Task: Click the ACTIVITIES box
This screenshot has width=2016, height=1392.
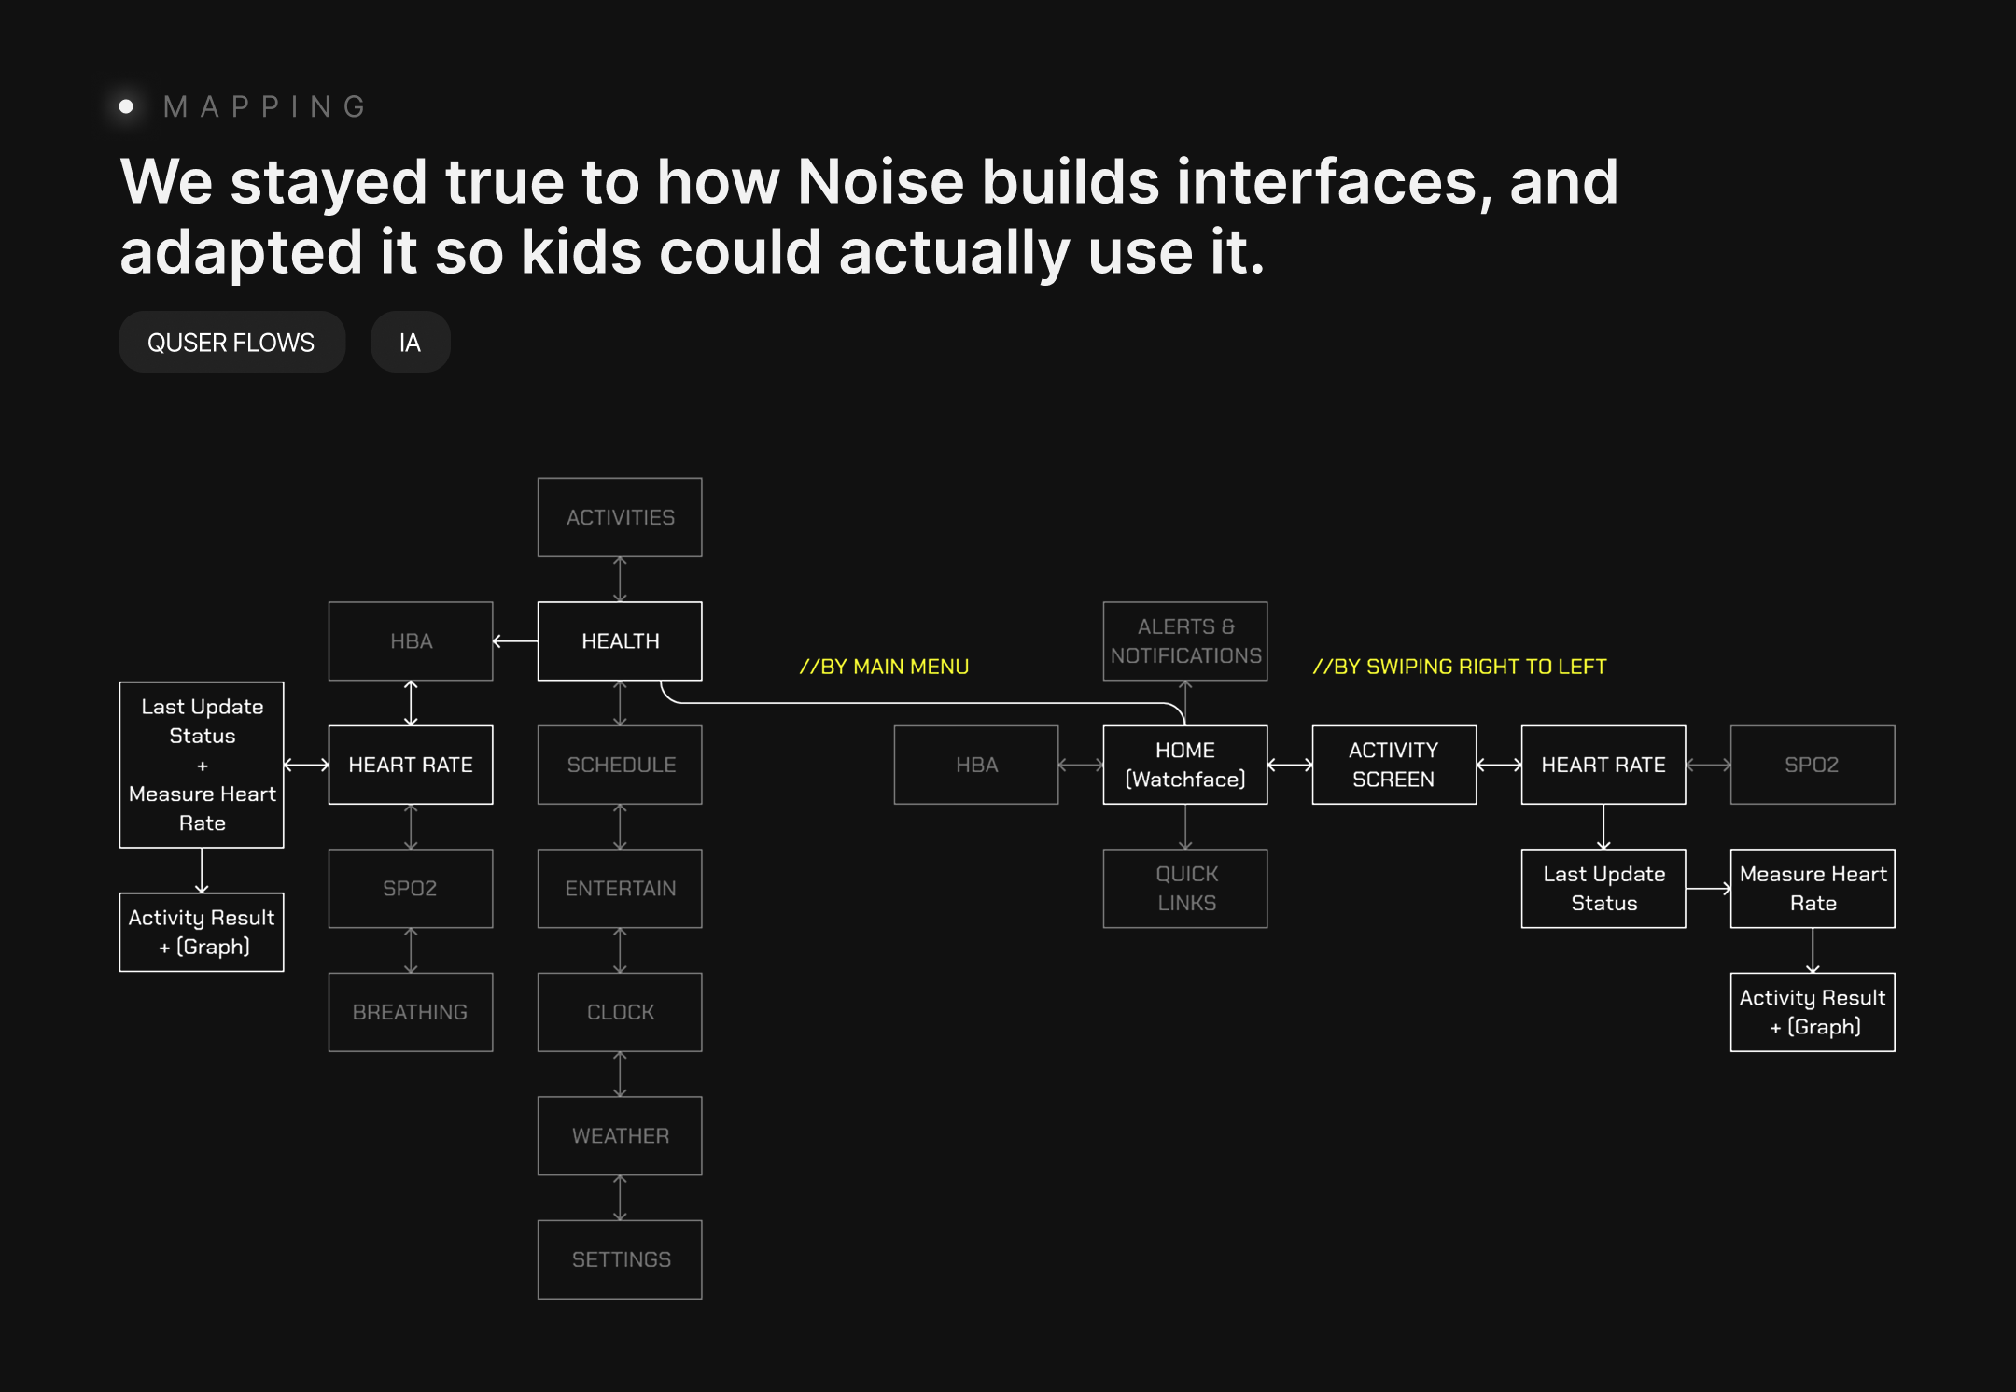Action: [x=620, y=517]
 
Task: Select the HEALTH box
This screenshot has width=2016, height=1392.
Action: [x=620, y=641]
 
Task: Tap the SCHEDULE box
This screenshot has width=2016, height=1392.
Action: [x=620, y=765]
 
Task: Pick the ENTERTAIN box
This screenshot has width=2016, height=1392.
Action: [x=620, y=888]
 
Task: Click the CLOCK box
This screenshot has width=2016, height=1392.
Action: [x=620, y=1012]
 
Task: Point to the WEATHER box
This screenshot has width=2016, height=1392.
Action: [x=620, y=1135]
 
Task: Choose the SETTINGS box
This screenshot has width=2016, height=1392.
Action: [x=620, y=1259]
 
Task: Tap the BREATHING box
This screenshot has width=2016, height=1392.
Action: [x=411, y=1012]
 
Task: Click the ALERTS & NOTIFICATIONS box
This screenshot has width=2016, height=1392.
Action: [x=1185, y=641]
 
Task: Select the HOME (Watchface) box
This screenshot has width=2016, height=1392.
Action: [x=1185, y=765]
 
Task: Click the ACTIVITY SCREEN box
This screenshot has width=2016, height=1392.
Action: [x=1393, y=765]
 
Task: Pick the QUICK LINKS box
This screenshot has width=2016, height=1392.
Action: [x=1185, y=888]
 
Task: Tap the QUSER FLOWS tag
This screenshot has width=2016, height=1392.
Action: [x=231, y=343]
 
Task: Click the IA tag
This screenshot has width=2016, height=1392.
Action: [x=410, y=343]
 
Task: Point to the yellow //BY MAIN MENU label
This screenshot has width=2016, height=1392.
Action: [x=884, y=667]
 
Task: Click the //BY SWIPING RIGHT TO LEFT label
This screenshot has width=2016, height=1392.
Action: [x=1460, y=667]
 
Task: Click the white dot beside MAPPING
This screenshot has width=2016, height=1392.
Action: [x=126, y=106]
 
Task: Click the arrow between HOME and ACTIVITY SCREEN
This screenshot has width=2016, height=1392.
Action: [x=1290, y=765]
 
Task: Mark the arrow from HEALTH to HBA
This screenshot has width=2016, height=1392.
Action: [x=515, y=641]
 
